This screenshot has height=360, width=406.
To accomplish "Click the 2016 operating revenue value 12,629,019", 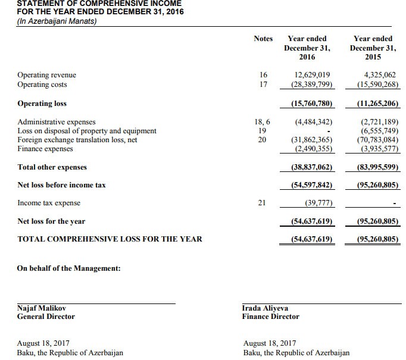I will click(313, 75).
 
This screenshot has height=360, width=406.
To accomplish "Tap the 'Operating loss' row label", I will click(42, 104).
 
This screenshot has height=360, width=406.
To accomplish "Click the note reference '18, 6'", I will click(263, 122).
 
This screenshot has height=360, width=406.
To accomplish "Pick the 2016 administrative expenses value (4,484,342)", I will click(313, 122).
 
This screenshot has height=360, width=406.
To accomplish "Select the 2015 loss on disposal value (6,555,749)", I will click(379, 131).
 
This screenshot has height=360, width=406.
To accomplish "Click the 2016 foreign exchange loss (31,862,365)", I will click(311, 140).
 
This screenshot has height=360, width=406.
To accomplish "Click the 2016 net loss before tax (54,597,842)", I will click(311, 185).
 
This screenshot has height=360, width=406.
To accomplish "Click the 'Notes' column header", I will click(263, 39).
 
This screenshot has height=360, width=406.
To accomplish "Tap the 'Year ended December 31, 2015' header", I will click(373, 48).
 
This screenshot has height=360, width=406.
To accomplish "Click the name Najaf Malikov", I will click(42, 308).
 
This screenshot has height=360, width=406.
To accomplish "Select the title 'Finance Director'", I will click(271, 317).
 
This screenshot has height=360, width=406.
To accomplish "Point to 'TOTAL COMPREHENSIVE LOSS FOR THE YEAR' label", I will click(110, 239).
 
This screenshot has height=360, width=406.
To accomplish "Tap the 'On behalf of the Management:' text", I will click(69, 268).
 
